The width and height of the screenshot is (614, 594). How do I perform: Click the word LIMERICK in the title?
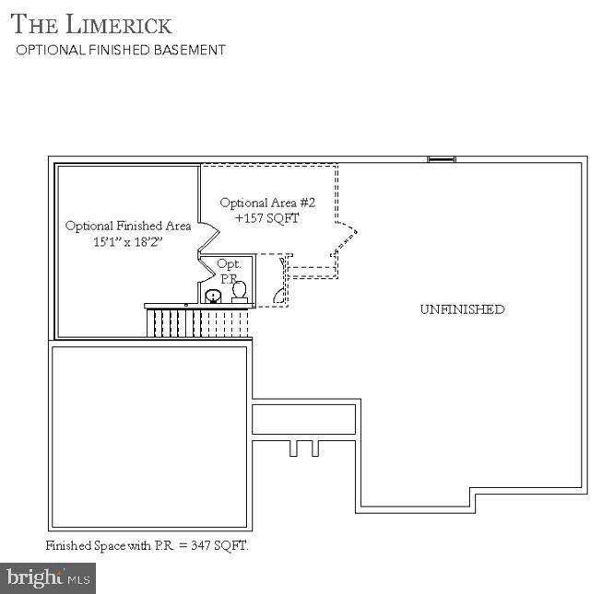click(119, 24)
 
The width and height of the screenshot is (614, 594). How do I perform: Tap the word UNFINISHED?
click(463, 309)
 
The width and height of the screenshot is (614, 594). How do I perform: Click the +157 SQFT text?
click(267, 218)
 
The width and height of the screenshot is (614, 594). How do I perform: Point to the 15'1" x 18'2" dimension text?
click(127, 242)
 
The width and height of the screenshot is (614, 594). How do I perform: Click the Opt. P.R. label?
click(229, 272)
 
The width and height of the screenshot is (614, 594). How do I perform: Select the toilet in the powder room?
click(240, 292)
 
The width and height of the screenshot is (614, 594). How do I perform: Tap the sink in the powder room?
click(213, 296)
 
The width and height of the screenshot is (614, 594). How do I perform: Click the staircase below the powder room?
click(197, 322)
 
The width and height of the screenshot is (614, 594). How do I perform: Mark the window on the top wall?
click(442, 159)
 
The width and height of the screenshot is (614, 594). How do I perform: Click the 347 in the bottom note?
click(200, 545)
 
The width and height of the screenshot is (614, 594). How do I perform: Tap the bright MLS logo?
click(48, 578)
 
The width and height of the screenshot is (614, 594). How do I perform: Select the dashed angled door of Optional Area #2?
click(345, 239)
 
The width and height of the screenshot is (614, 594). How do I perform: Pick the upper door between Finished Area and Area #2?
click(208, 235)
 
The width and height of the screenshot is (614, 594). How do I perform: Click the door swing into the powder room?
click(207, 269)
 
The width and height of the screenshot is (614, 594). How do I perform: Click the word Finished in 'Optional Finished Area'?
click(138, 226)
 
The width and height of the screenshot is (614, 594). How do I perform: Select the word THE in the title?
click(34, 24)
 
